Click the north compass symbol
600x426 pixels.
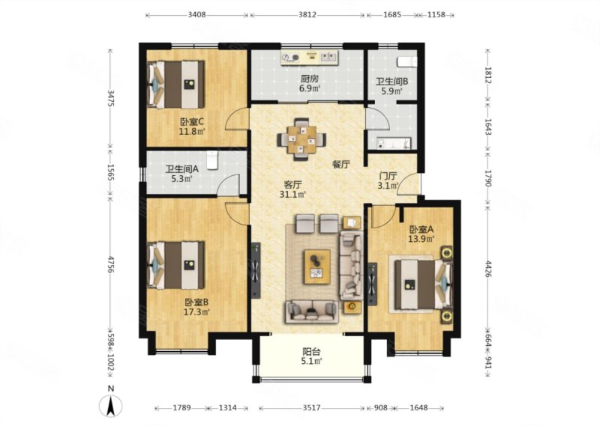(110, 406)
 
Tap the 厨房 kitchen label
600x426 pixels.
(309, 79)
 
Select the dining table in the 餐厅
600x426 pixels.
(302, 139)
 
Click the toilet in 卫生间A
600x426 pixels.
(212, 159)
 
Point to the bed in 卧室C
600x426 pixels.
(176, 85)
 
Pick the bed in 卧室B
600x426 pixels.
(176, 265)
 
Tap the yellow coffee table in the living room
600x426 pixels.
(317, 267)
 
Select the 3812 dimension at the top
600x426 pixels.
(307, 15)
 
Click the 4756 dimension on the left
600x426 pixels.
(110, 264)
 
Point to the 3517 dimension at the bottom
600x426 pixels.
(311, 408)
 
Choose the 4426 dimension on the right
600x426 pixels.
(489, 269)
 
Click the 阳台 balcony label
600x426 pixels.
(311, 351)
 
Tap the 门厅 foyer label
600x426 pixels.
(388, 176)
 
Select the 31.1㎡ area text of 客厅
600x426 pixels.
(292, 195)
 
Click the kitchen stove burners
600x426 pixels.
(290, 58)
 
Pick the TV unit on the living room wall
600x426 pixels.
(256, 270)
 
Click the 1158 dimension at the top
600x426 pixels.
(436, 15)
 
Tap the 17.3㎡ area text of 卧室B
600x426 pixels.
(196, 312)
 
